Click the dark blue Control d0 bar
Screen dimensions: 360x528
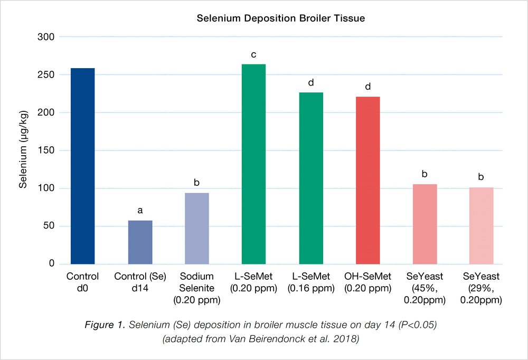coord(83,166)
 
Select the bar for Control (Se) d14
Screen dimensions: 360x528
coord(140,242)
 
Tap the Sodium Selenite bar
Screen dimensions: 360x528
coord(197,228)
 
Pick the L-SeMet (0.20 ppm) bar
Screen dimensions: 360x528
coord(253,164)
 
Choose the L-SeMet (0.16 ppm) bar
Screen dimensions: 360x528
coord(311,178)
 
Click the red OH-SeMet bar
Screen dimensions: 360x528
coord(368,180)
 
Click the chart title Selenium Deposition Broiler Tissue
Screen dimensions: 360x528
coord(281,18)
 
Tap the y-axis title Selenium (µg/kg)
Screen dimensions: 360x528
coord(23,151)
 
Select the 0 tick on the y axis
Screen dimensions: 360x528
coord(52,263)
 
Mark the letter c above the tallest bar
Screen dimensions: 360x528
coord(253,54)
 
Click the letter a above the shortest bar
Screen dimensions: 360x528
coord(140,211)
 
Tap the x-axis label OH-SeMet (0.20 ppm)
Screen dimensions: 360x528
coord(368,283)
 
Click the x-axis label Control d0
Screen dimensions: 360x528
coord(83,283)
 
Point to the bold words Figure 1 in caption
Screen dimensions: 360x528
coord(102,324)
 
